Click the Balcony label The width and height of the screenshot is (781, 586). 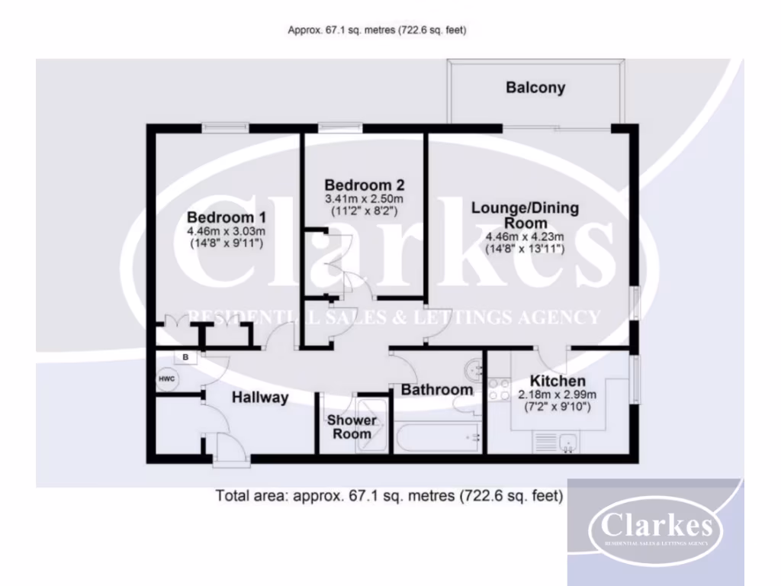tap(535, 88)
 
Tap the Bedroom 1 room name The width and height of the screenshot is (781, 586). tap(226, 217)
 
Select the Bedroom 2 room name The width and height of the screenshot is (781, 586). tap(364, 185)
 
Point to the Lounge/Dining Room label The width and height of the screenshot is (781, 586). tap(525, 215)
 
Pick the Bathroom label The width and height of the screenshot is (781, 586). tap(437, 390)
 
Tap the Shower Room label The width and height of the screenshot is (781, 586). tap(352, 427)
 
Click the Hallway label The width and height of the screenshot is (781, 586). tap(260, 397)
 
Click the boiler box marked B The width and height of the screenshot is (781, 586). tap(185, 356)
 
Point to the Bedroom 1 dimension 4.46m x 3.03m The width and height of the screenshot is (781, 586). tap(226, 231)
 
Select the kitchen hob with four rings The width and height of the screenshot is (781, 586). tap(499, 389)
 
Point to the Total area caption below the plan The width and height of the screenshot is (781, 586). tap(389, 495)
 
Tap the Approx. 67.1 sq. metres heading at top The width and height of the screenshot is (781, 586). tap(377, 31)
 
